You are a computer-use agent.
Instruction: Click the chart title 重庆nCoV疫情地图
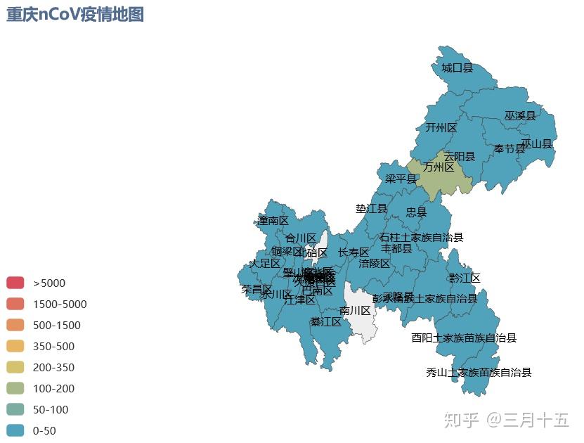(75, 15)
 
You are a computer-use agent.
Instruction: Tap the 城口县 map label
(457, 68)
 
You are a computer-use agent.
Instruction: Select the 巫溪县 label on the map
(519, 115)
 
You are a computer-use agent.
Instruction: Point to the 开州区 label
(441, 128)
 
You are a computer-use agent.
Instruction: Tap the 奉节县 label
(509, 149)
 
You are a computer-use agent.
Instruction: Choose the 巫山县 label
(537, 143)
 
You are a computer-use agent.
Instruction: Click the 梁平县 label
(401, 179)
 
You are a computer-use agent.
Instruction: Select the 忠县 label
(416, 212)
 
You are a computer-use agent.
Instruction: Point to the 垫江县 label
(371, 209)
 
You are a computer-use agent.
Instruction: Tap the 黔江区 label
(465, 278)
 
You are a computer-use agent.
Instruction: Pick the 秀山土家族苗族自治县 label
(479, 372)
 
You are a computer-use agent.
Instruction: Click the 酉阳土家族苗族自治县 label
(464, 338)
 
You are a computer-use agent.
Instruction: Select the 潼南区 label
(273, 221)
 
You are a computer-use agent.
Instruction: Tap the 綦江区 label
(325, 322)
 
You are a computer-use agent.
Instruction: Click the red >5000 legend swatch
(15, 283)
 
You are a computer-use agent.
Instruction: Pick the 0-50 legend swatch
(15, 430)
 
